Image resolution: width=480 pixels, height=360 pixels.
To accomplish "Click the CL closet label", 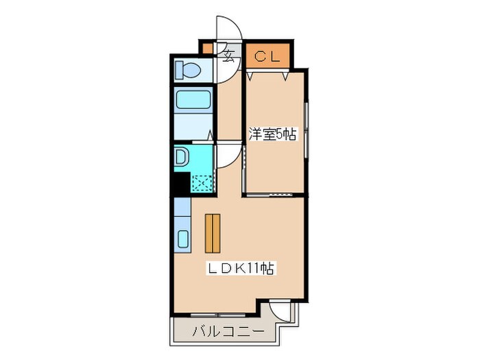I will (266, 57).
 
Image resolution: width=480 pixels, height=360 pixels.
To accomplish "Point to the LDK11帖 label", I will (241, 269).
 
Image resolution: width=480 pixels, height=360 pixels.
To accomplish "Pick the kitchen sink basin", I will (183, 239).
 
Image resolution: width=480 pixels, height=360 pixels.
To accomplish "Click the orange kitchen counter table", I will (213, 233).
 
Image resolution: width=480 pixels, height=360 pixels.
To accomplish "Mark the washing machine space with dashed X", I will (202, 183).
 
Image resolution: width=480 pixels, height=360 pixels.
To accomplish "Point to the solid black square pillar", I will (181, 183).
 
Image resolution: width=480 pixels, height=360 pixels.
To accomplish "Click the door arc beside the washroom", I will (228, 156).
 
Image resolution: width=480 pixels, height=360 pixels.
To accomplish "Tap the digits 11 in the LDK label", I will (253, 269).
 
